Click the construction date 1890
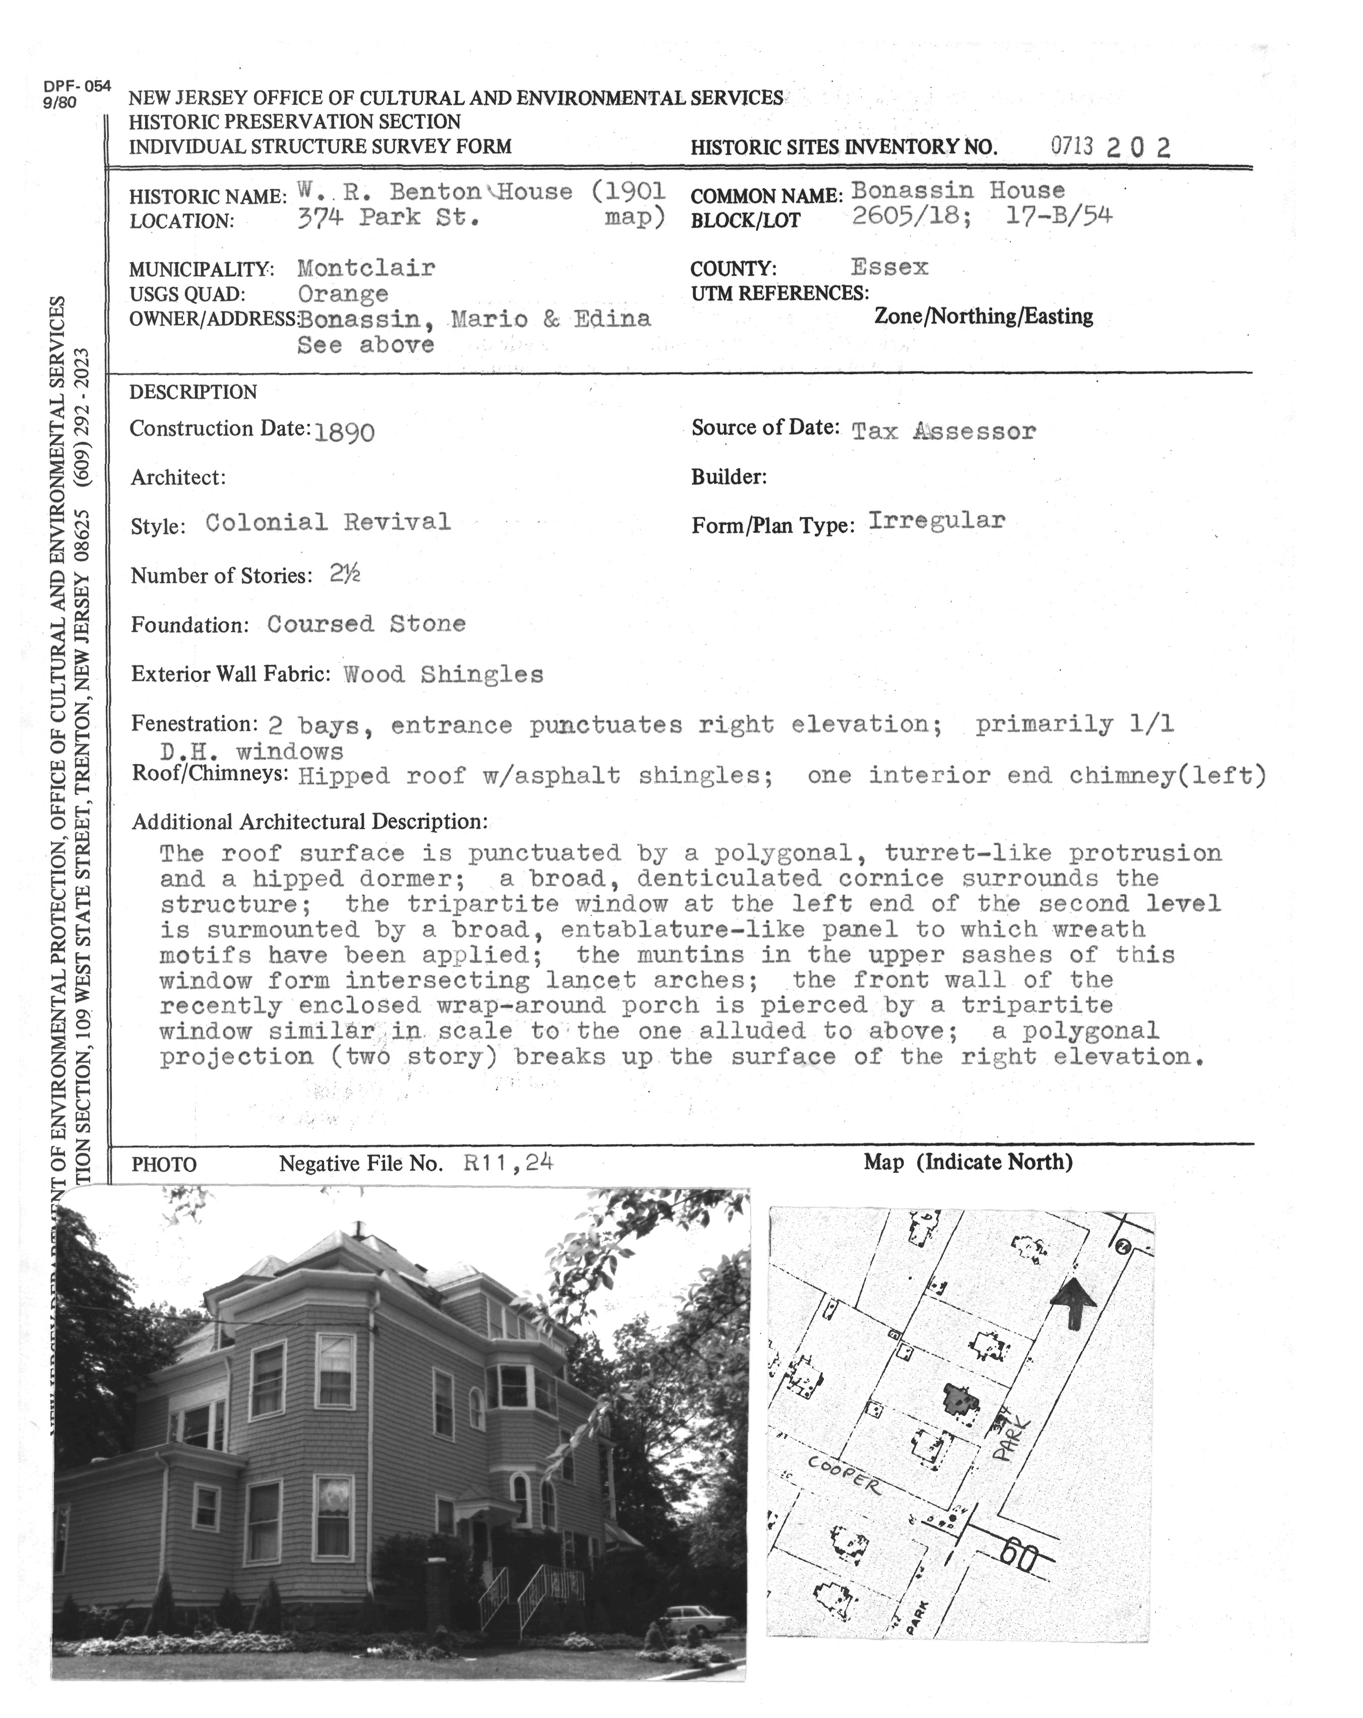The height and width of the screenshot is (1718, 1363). [x=344, y=433]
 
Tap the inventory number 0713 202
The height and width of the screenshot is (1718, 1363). [x=1110, y=147]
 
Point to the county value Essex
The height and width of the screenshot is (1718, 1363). [x=889, y=267]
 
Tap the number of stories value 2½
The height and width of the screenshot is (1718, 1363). [x=345, y=574]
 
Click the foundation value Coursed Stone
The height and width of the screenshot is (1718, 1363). [x=366, y=624]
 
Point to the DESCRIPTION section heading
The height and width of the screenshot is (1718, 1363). [x=193, y=392]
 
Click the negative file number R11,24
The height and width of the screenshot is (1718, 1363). [x=507, y=1162]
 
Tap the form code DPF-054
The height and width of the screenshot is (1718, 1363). [x=77, y=87]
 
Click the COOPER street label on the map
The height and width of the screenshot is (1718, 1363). [x=843, y=1474]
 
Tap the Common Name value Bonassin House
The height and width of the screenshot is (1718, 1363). [x=957, y=191]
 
